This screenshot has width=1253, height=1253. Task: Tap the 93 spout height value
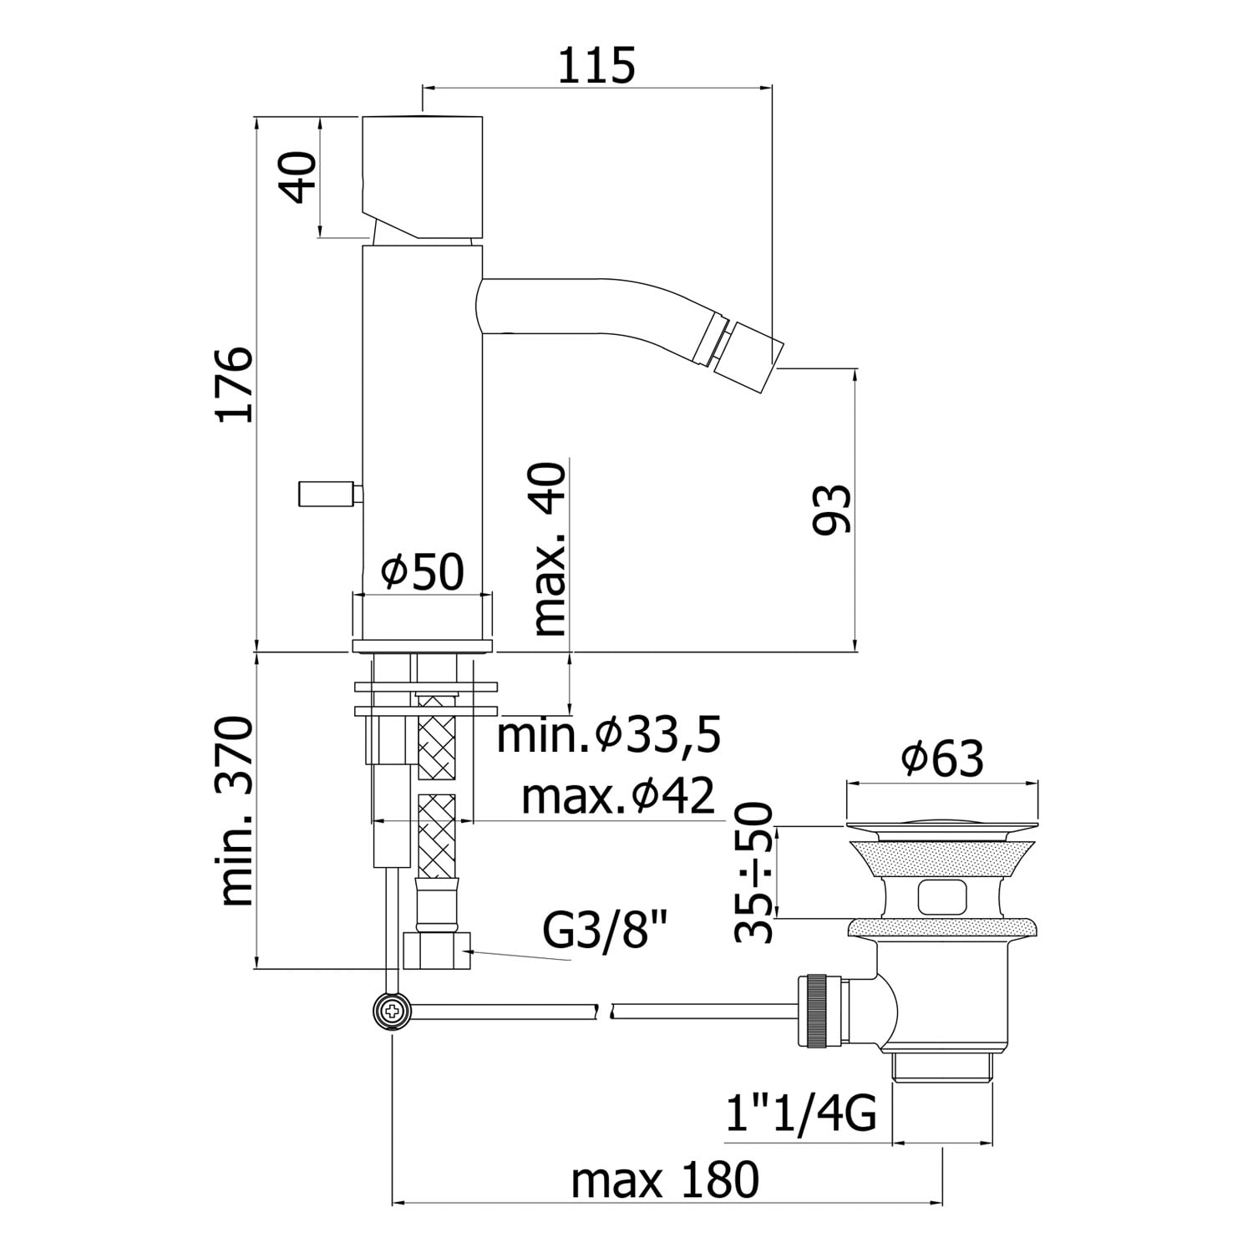click(x=832, y=509)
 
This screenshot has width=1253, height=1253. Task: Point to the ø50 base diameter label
click(x=422, y=573)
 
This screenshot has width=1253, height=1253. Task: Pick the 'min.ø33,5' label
click(x=609, y=736)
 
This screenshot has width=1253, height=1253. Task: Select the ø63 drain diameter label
click(x=942, y=758)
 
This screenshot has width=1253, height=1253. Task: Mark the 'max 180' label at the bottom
click(x=665, y=1179)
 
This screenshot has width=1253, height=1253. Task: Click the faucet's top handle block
click(x=423, y=176)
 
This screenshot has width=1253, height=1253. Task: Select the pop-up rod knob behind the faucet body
click(x=326, y=494)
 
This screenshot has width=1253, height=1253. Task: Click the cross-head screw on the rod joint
click(x=391, y=1012)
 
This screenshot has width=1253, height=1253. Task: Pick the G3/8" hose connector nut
click(x=437, y=951)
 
